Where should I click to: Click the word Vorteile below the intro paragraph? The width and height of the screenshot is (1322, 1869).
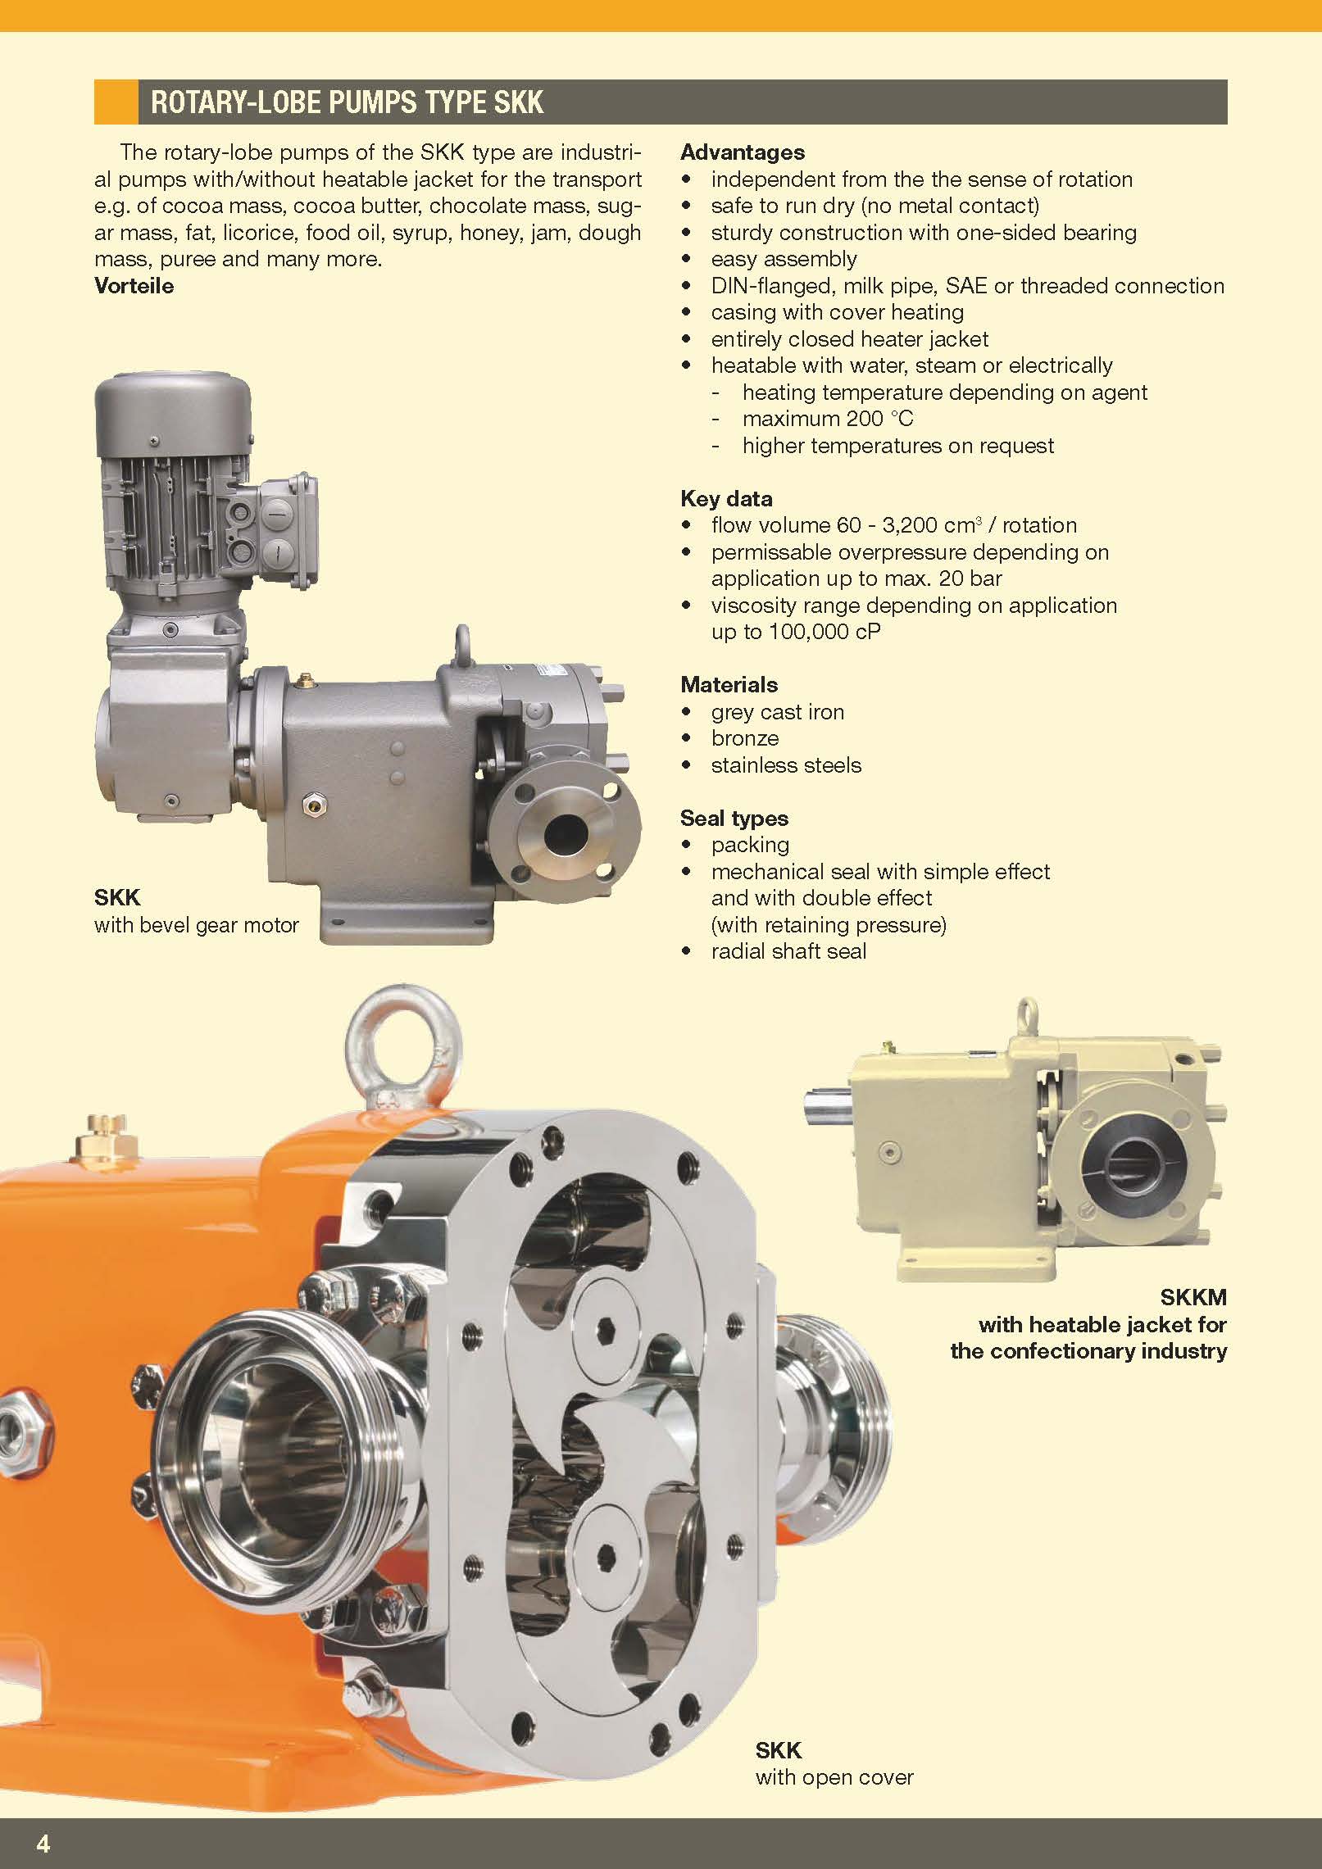point(134,286)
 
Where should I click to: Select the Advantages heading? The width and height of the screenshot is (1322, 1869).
point(743,152)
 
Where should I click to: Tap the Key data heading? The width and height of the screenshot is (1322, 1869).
point(726,499)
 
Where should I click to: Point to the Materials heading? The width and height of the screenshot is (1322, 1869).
point(729,685)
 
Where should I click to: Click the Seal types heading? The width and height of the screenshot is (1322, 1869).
point(734,819)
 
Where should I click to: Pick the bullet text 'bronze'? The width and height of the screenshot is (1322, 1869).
point(745,738)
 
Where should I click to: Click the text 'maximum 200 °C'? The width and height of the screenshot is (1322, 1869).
point(828,419)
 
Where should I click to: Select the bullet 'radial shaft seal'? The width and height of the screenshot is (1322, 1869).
point(788,951)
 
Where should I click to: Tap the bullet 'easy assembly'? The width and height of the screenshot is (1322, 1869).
point(784,260)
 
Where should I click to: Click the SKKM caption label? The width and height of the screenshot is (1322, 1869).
point(1193,1298)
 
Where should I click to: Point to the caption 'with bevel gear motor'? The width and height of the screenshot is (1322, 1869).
point(197,925)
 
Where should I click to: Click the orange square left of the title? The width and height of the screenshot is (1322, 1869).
point(116,102)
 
